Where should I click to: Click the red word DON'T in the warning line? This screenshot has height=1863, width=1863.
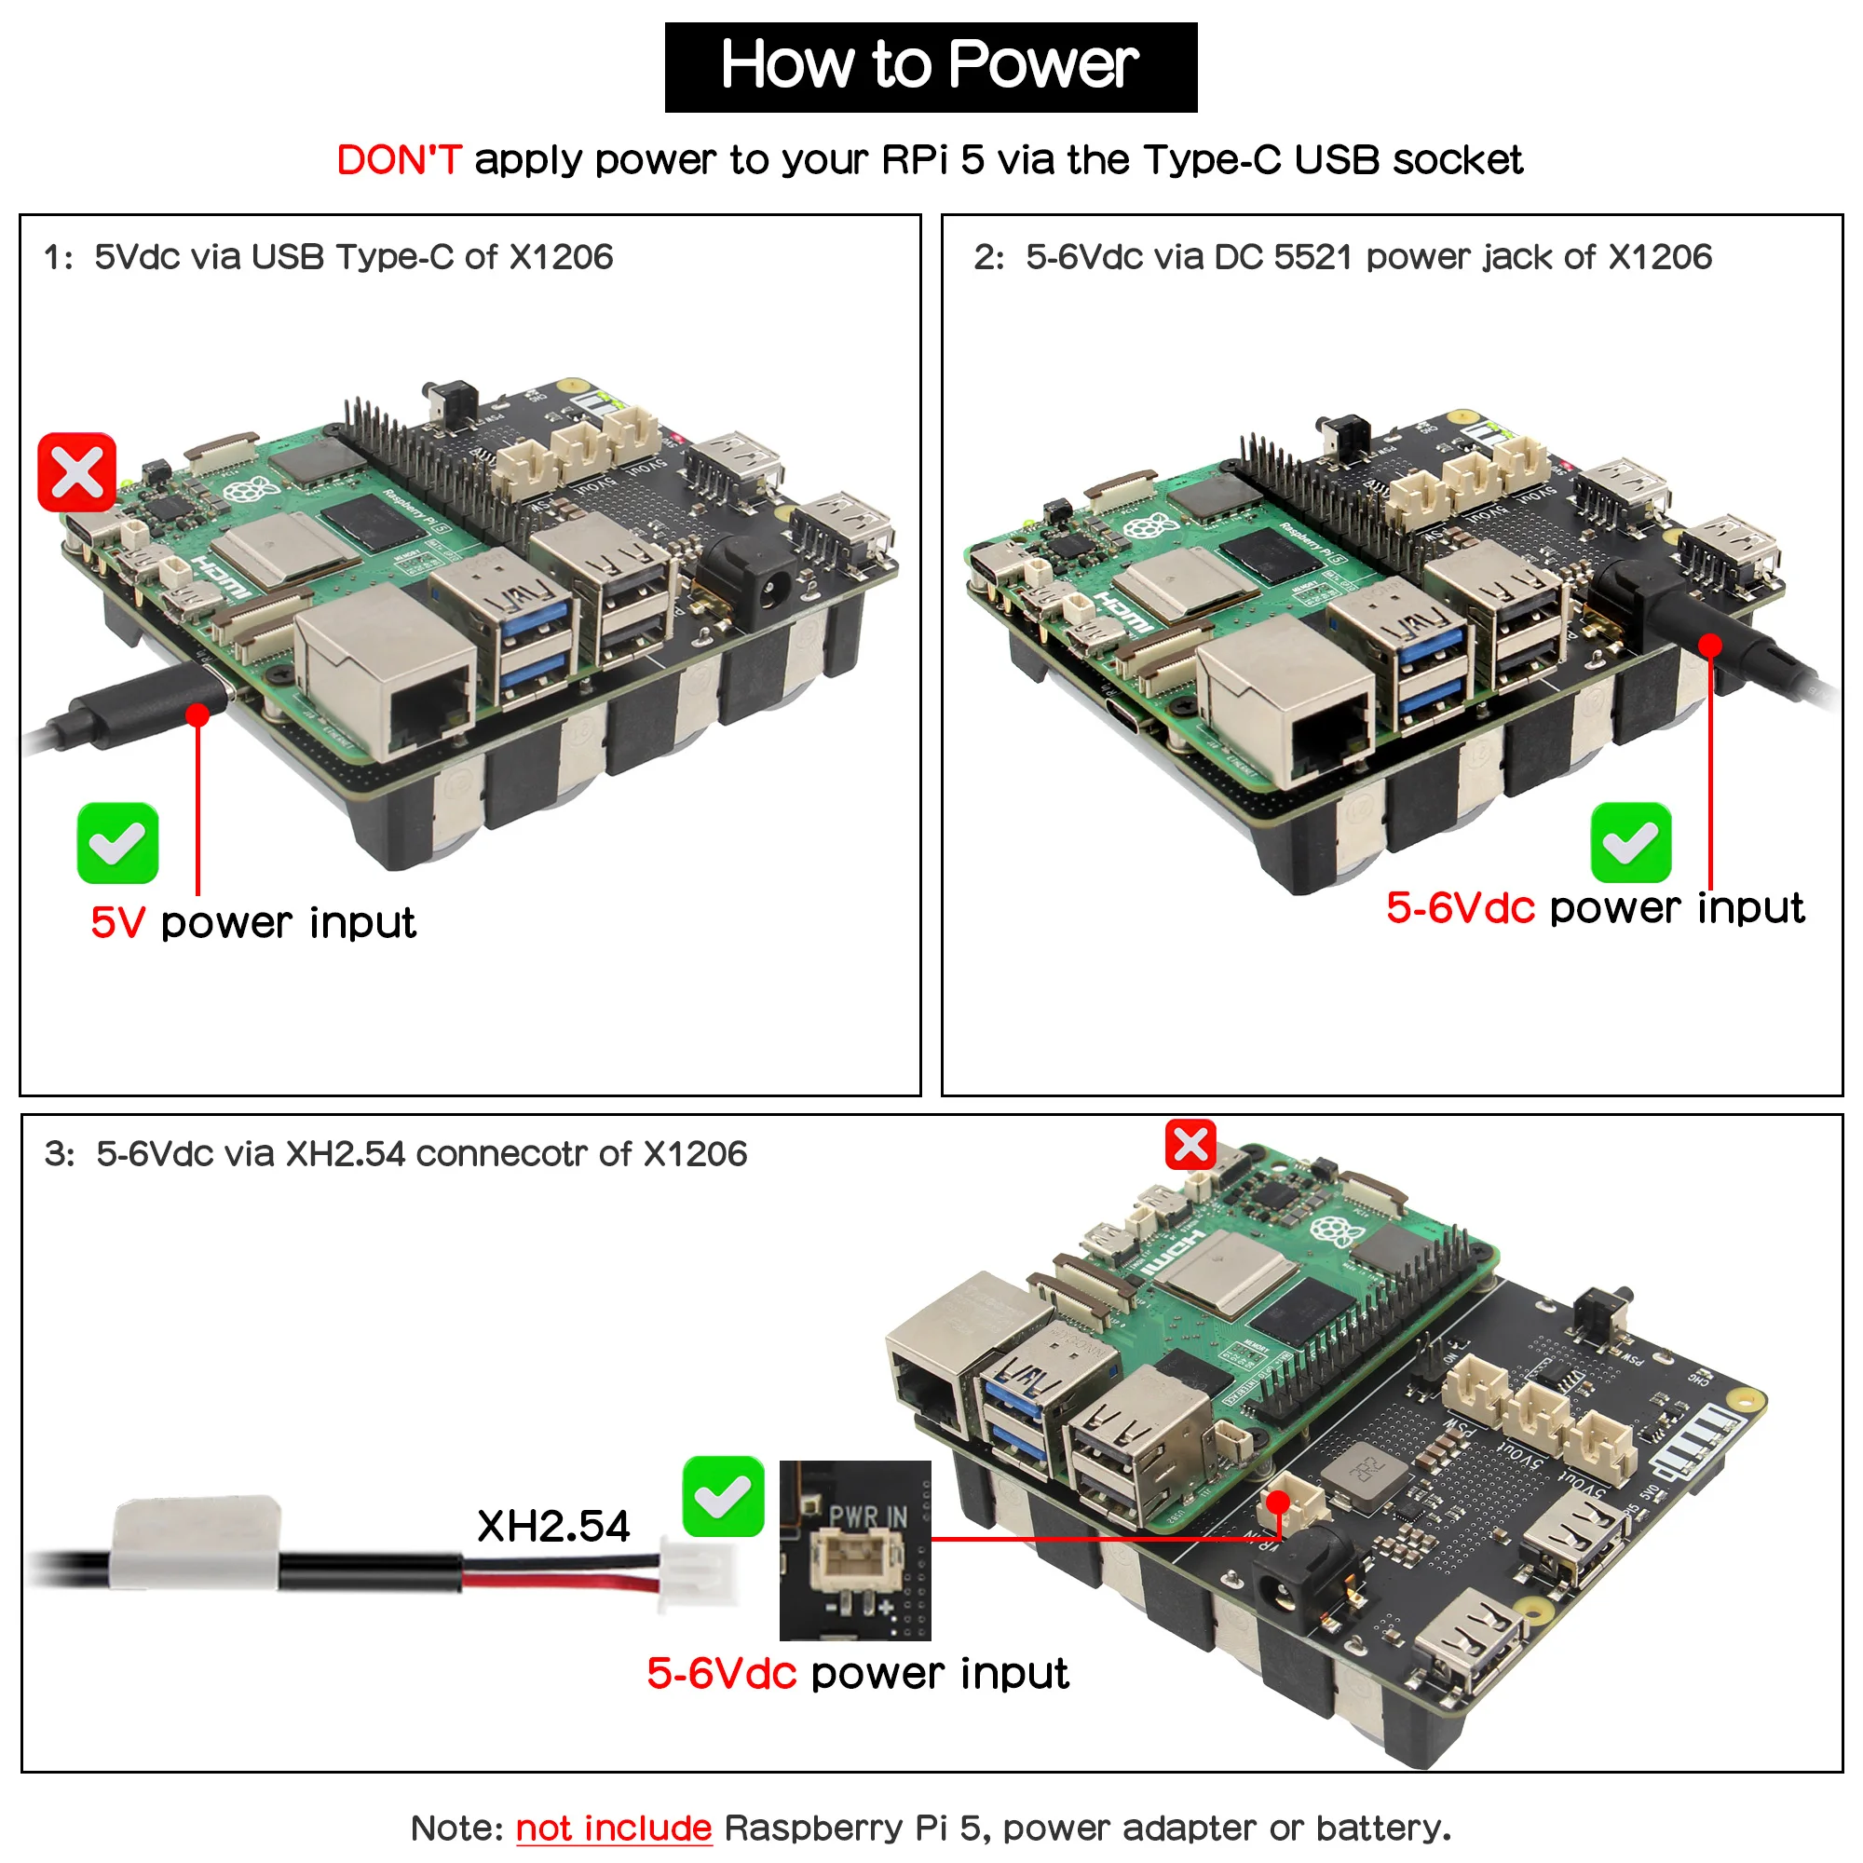coord(399,160)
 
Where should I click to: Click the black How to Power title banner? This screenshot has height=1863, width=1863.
coord(931,66)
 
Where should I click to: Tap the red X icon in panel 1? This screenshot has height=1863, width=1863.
coord(77,472)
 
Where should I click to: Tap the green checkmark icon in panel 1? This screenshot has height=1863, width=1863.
coord(117,843)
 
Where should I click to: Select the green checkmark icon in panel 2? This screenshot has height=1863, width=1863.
coord(1631,843)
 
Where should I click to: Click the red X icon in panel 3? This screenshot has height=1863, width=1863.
coord(1190,1145)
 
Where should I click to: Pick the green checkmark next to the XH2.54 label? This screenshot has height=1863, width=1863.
coord(723,1497)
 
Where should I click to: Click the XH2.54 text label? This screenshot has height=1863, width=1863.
coord(553,1527)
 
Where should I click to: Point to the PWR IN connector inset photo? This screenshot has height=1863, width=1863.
coord(855,1550)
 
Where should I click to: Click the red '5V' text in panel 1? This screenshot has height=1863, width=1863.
coord(117,923)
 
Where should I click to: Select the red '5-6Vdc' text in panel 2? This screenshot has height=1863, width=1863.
coord(1460,908)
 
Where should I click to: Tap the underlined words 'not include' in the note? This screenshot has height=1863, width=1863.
coord(613,1829)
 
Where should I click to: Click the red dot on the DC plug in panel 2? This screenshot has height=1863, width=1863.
coord(1709,646)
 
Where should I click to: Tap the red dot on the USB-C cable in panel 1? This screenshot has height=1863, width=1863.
coord(197,714)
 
